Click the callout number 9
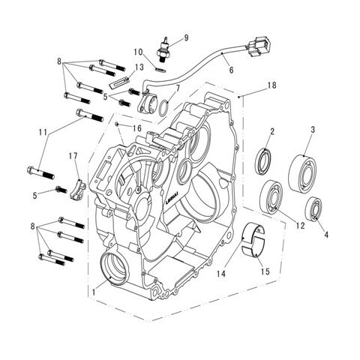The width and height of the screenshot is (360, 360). tap(187, 37)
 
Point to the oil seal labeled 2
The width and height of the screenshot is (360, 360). tap(265, 163)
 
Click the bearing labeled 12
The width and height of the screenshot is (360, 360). tap(274, 196)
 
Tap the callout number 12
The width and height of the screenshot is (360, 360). tap(301, 225)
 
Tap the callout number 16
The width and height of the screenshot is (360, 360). tap(137, 128)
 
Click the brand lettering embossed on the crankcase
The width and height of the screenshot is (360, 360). tap(178, 200)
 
